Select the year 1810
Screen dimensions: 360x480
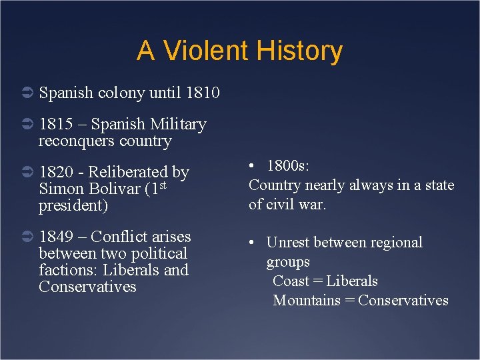point(202,93)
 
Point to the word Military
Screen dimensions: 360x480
point(178,124)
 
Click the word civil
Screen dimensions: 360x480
point(281,204)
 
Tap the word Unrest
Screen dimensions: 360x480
point(289,243)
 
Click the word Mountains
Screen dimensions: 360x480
point(307,301)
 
